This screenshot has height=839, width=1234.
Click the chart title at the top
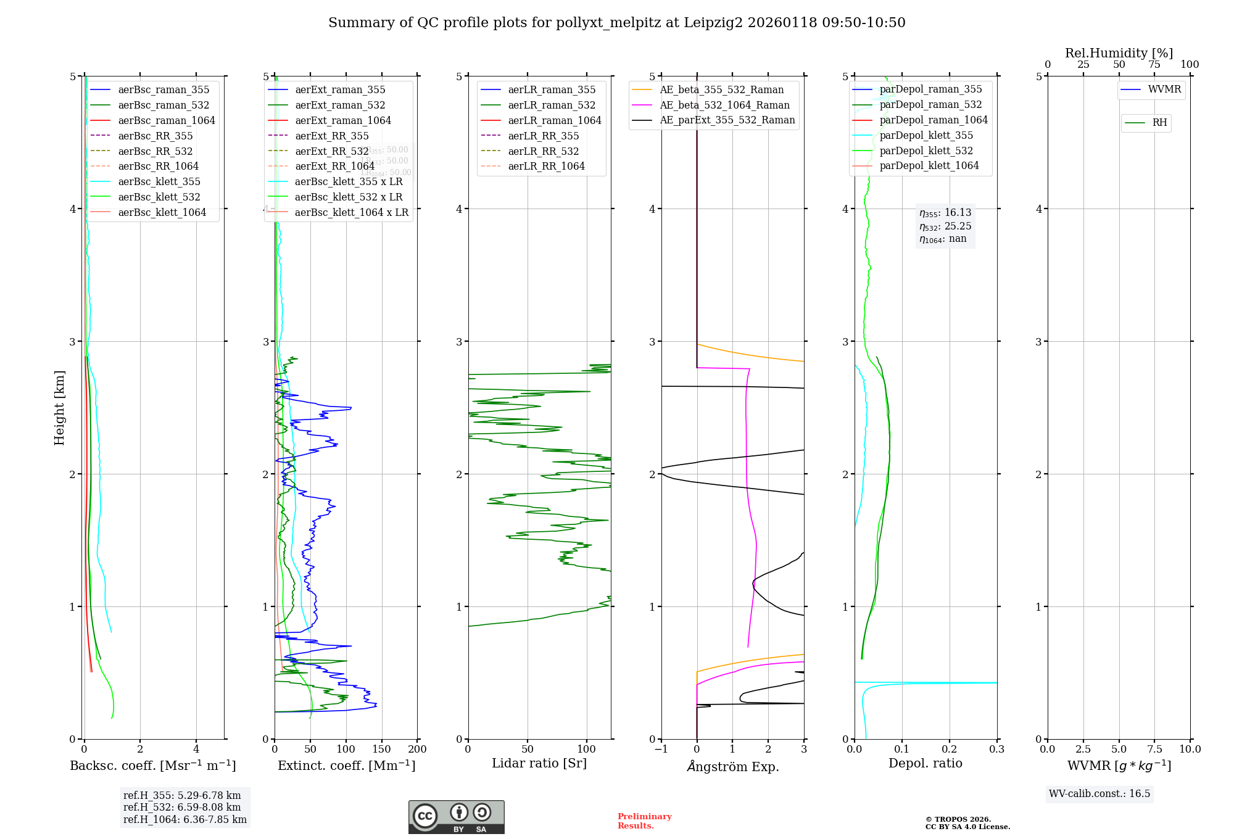616,23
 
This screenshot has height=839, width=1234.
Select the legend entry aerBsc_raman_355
164,90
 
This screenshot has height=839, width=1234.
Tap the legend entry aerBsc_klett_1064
162,212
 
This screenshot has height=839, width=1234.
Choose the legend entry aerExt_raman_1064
342,120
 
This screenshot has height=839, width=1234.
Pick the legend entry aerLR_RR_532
543,151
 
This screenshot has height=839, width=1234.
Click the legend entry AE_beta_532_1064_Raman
724,105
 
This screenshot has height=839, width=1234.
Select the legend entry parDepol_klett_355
926,135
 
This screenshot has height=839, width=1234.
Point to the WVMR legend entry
1164,89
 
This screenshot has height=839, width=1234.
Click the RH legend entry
1159,123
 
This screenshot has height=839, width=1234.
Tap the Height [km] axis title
59,408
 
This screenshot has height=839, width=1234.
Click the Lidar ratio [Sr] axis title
539,763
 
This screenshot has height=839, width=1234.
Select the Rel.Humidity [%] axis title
1119,53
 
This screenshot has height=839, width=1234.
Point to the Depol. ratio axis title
925,763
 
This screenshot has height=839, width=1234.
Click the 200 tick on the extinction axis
418,750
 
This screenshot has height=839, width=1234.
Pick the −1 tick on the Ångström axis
661,750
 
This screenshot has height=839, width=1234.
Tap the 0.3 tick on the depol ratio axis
997,750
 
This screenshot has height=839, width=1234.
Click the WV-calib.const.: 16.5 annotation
1099,794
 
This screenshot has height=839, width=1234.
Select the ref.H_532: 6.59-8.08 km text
182,808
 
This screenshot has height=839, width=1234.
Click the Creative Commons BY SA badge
456,817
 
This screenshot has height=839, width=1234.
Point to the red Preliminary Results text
644,821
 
